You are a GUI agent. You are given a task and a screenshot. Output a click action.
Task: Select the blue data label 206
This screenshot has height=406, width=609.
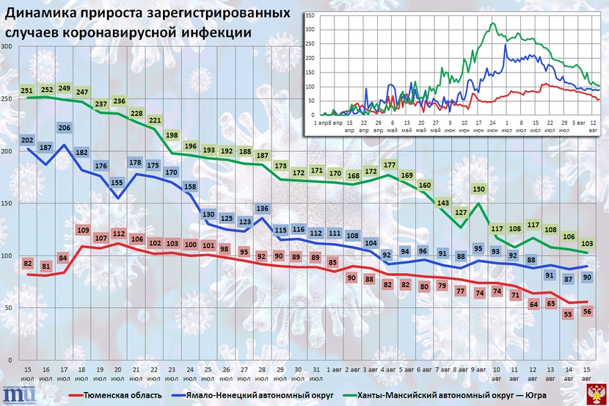[x=64, y=128]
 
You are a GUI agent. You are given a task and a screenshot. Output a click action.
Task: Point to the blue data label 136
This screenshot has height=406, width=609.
[x=262, y=208]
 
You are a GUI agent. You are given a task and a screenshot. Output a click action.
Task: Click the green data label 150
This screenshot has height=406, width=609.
[x=479, y=189]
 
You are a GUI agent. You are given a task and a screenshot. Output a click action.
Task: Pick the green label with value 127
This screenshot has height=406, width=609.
[x=461, y=213]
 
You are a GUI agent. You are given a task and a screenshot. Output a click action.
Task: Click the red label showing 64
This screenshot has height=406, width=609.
[x=533, y=304]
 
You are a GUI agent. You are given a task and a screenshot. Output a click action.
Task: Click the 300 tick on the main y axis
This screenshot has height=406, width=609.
[x=7, y=47]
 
